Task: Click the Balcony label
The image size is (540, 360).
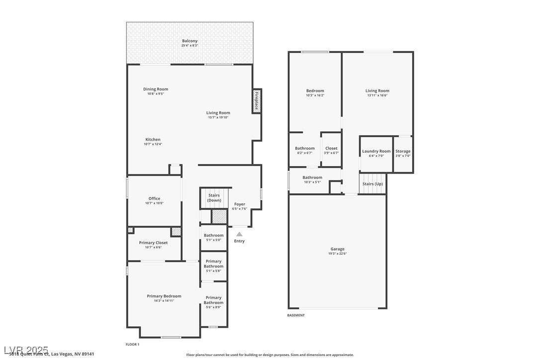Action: pos(189,41)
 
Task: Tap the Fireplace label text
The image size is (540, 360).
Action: pos(257,101)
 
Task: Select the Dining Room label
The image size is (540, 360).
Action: pos(156,89)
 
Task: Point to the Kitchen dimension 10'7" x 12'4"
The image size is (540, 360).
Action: pos(153,144)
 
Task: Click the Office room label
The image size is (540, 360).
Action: pos(154,198)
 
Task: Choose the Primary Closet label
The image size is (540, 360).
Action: pos(153,243)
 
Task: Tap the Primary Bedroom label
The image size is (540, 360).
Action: pos(164,296)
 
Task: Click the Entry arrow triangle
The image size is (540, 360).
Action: pos(239,234)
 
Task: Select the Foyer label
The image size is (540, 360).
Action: pos(240,204)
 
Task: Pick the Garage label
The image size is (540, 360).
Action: pos(337,249)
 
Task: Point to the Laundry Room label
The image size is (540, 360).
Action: pos(376,151)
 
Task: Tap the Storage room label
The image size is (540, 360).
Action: pos(403,151)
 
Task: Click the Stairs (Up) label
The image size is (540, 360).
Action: pos(372,184)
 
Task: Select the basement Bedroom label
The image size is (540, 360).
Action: pos(315,90)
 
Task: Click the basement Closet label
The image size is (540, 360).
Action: pos(331,148)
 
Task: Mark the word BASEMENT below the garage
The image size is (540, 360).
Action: pos(296,315)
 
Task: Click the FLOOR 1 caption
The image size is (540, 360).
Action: pos(132,344)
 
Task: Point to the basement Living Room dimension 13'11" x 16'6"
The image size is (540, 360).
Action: pos(377,95)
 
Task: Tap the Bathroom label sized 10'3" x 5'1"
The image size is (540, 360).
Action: pos(312,178)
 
